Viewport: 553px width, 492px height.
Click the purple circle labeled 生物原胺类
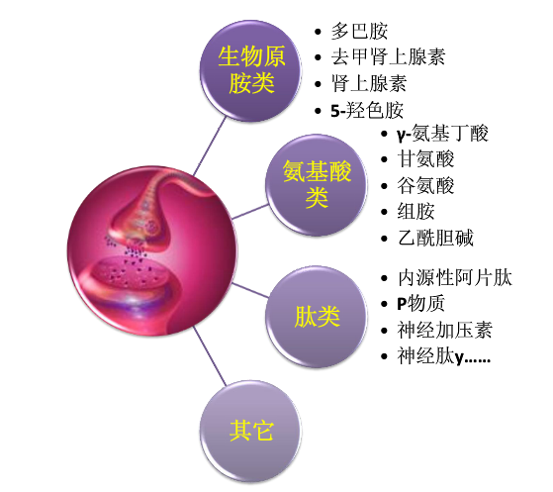click(250, 70)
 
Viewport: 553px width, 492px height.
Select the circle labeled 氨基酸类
click(317, 184)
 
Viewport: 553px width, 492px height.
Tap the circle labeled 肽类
click(317, 317)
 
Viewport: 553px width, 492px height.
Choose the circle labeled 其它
click(250, 431)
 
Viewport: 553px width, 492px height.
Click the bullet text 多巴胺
click(359, 31)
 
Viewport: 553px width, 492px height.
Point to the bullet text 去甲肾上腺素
click(388, 56)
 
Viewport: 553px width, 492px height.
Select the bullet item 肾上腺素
click(369, 83)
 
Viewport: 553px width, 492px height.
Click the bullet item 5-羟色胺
click(367, 110)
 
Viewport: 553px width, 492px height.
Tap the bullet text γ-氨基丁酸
click(442, 134)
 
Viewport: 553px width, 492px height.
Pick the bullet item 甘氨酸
click(425, 158)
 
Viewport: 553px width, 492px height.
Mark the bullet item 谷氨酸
click(425, 185)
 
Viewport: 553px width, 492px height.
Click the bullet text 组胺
click(416, 212)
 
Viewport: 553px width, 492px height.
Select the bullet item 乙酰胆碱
click(435, 238)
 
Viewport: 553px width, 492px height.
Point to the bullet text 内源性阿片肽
click(455, 278)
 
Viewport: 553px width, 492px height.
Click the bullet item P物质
click(420, 304)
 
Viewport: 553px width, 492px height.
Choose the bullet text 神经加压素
click(445, 330)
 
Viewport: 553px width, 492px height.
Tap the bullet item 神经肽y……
click(443, 355)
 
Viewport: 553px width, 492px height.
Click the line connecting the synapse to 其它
click(210, 355)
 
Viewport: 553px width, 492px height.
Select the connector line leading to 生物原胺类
click(210, 147)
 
